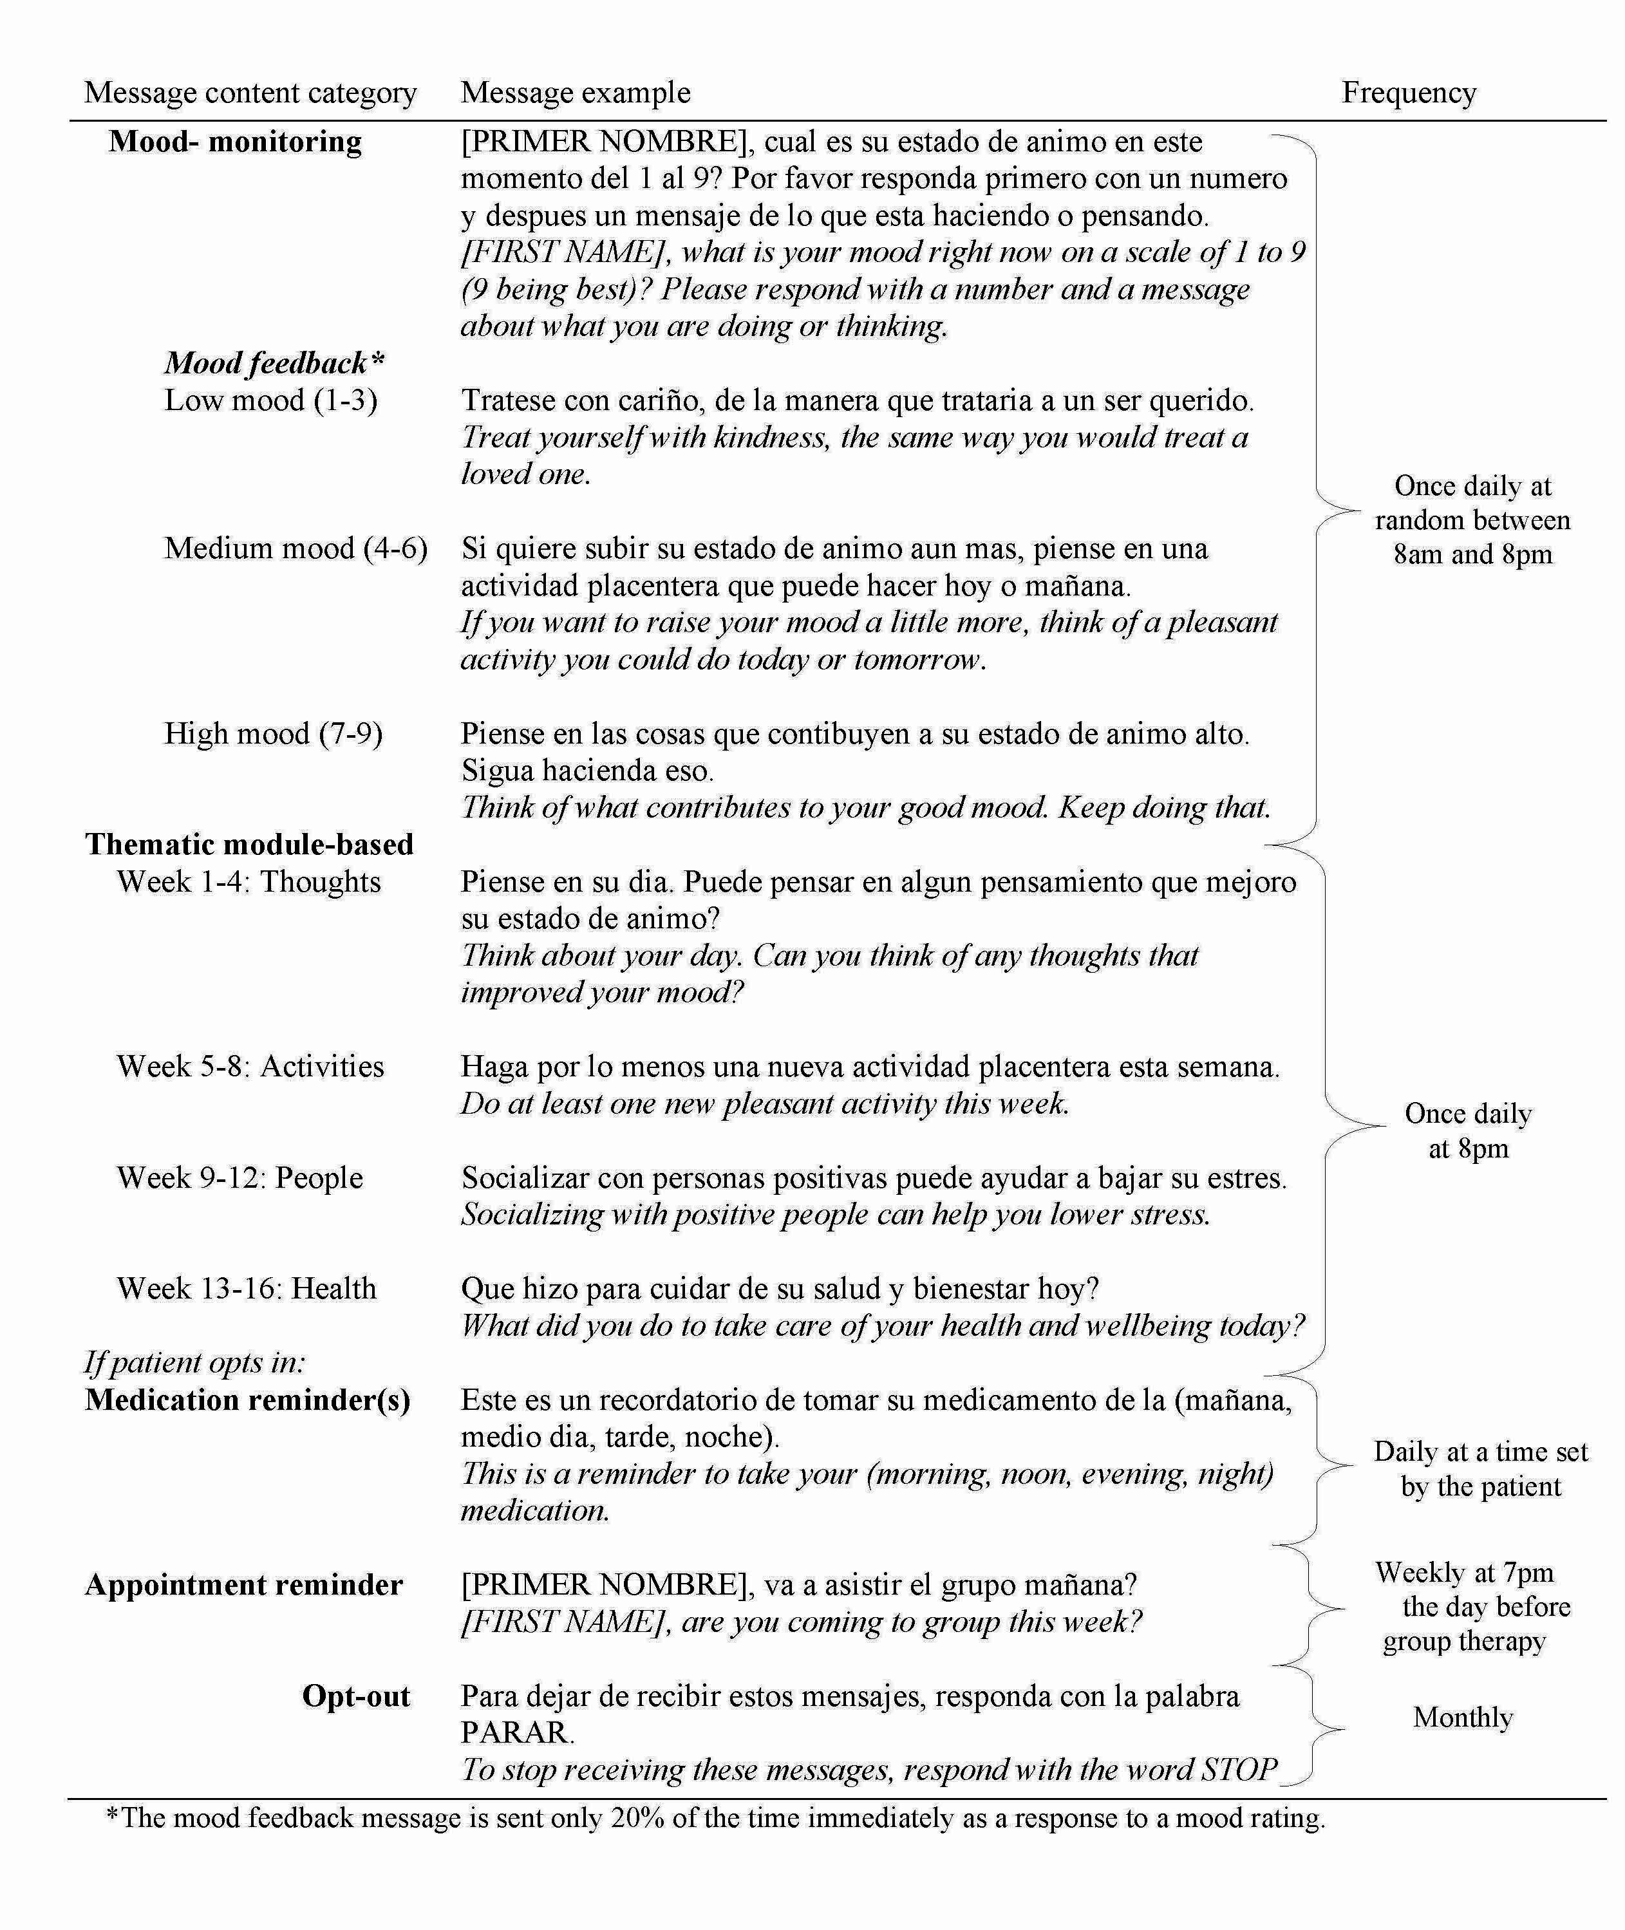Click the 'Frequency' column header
point(1409,93)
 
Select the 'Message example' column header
point(575,93)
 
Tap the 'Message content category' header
point(250,93)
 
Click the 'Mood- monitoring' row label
point(235,142)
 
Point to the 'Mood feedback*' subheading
point(274,363)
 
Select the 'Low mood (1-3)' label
point(271,400)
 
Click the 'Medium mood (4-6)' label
point(296,549)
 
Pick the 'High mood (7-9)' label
point(273,735)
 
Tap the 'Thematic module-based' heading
point(249,845)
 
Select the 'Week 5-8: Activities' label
point(250,1067)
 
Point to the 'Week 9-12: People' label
point(240,1178)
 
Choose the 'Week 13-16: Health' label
point(246,1289)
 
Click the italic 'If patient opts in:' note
point(195,1362)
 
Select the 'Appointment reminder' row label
point(244,1586)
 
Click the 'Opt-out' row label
point(355,1696)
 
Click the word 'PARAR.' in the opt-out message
point(518,1733)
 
